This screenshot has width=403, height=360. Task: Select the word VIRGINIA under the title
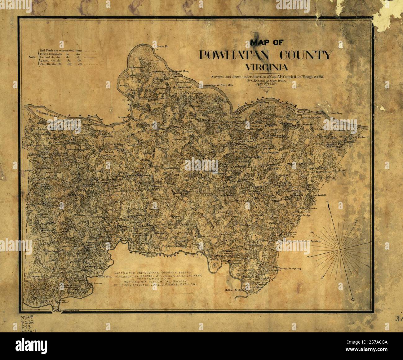tap(266, 67)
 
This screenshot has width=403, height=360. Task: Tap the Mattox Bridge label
tap(234, 291)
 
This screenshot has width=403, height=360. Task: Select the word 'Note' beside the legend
tap(32, 57)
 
